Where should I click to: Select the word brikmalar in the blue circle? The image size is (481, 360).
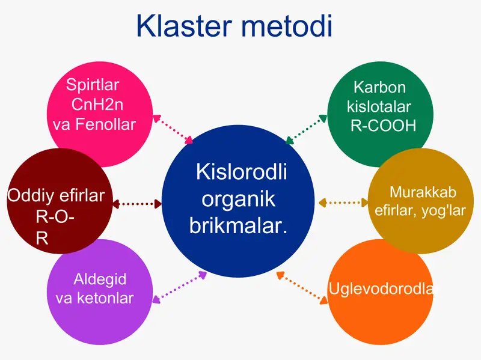tap(237, 226)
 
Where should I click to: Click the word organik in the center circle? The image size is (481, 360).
tap(237, 199)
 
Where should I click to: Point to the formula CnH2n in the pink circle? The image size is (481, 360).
tap(97, 104)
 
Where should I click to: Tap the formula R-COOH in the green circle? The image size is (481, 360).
tap(383, 126)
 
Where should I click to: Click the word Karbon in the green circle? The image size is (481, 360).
tap(379, 88)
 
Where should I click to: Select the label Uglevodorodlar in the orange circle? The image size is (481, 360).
tap(380, 289)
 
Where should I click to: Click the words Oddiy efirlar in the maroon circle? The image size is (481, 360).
tap(56, 196)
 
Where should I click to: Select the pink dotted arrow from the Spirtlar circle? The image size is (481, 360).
tap(173, 129)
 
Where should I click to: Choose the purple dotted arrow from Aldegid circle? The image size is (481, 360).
tap(180, 286)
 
